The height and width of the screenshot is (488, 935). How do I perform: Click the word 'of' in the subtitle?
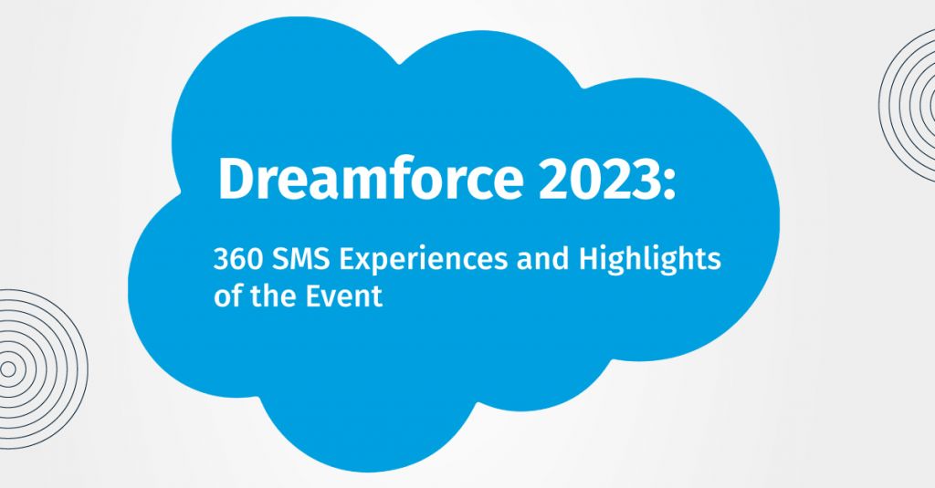[226, 296]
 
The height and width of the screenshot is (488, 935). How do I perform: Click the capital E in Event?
[315, 296]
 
